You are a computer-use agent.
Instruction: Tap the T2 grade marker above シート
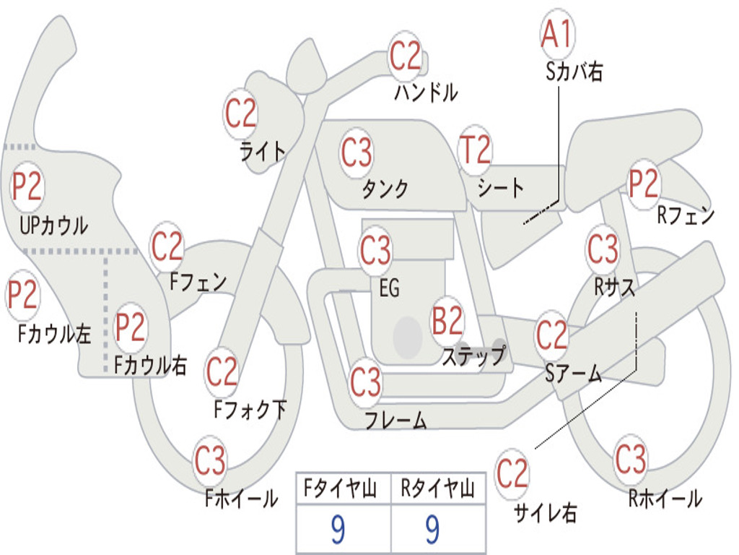475,149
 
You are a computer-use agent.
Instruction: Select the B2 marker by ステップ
447,321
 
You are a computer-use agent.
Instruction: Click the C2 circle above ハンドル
405,55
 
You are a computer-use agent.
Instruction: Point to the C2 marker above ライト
240,113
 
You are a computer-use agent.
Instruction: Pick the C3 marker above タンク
357,152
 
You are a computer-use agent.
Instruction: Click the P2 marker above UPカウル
27,186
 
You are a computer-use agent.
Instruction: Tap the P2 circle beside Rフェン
643,184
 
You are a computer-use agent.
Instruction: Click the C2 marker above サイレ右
512,473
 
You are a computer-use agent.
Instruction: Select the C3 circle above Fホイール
210,460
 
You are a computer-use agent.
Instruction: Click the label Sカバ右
574,72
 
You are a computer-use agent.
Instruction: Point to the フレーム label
396,420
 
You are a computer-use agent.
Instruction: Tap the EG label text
389,288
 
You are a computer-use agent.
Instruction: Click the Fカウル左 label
54,333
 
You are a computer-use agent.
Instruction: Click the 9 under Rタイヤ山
432,529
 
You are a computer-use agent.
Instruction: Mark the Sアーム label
574,374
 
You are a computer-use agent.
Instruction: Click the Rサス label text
614,286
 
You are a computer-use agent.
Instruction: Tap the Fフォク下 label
250,409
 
